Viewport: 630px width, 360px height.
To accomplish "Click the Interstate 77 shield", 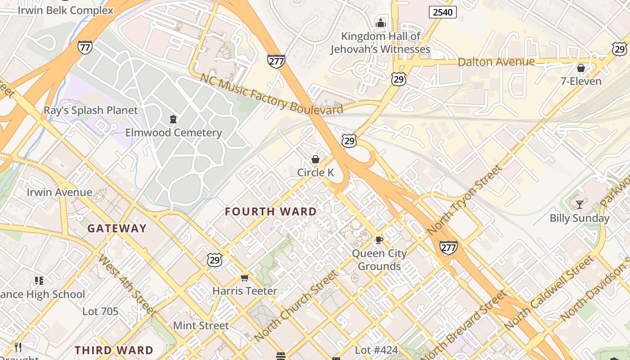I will click(85, 47).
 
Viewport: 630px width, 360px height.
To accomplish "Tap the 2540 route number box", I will click(442, 12).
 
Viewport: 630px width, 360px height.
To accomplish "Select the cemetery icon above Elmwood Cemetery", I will click(173, 119).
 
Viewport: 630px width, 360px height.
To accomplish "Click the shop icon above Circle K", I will click(315, 159).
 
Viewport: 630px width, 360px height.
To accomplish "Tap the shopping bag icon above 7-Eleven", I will click(581, 68).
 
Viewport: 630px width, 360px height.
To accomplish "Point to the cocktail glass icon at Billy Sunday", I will click(580, 205).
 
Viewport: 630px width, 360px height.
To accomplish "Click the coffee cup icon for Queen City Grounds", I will click(379, 240).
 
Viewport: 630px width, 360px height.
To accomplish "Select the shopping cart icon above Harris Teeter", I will click(244, 278).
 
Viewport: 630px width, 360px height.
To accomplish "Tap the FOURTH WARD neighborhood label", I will click(271, 211).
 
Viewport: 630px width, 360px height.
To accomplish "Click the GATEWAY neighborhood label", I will click(117, 229).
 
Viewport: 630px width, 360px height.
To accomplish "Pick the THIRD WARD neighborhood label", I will click(114, 350).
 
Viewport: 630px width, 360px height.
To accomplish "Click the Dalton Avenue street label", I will click(496, 62).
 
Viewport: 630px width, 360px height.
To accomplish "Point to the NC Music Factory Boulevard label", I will click(271, 93).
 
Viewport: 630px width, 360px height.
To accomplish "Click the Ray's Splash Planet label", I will click(90, 110).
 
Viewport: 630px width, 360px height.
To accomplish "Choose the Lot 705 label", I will click(100, 311).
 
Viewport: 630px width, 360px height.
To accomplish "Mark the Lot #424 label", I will click(377, 350).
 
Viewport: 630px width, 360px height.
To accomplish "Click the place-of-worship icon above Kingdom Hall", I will click(381, 22).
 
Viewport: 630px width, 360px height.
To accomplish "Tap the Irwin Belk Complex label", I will click(65, 10).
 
